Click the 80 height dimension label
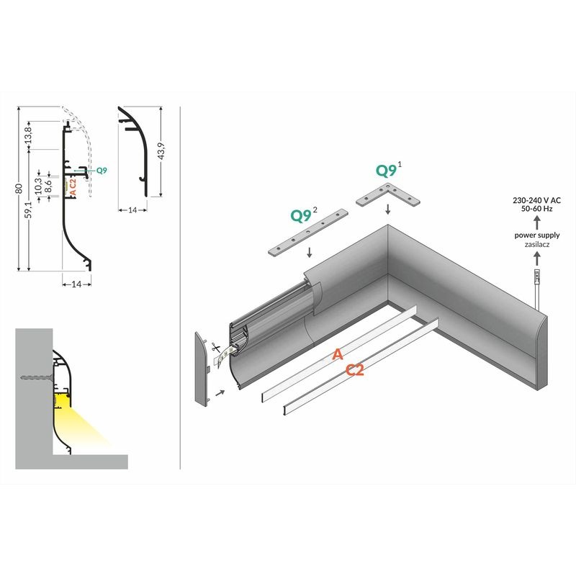point(20,189)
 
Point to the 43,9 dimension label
point(161,151)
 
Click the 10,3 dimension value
point(38,186)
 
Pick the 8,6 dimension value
point(48,186)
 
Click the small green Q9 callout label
point(102,171)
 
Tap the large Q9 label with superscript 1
point(388,170)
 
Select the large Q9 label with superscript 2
point(303,215)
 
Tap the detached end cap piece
point(201,369)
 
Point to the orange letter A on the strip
point(338,354)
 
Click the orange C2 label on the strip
point(355,370)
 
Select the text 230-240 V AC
point(536,200)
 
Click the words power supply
point(536,235)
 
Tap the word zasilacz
point(536,244)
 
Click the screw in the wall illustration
point(37,377)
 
